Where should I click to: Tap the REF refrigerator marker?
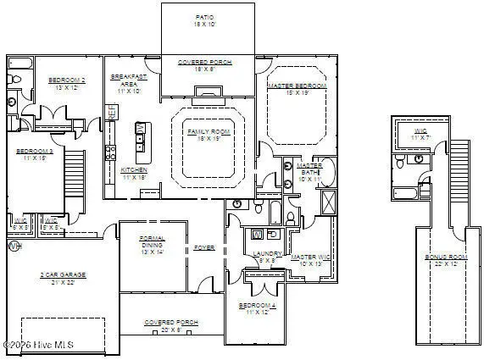(x=110, y=113)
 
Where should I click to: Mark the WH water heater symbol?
(x=14, y=246)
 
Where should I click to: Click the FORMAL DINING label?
(x=153, y=245)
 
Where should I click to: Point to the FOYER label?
(x=204, y=248)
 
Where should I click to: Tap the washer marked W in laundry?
(x=258, y=234)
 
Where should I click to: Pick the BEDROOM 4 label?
(x=255, y=309)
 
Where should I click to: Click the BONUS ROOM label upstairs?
(x=445, y=261)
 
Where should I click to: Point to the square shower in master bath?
(x=328, y=202)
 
